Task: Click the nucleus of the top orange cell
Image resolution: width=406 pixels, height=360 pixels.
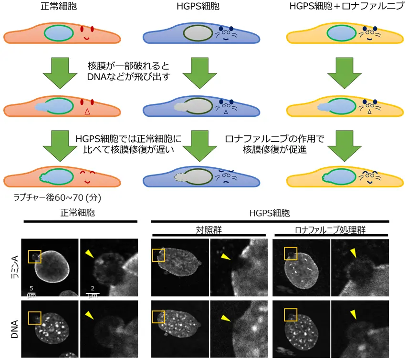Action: click(x=59, y=33)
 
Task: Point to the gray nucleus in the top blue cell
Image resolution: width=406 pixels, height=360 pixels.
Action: click(x=198, y=34)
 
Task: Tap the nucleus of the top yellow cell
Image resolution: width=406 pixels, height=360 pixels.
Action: click(x=340, y=34)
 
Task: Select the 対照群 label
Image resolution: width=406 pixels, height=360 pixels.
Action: click(x=208, y=228)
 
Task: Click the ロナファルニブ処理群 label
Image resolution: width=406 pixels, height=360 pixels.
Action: click(x=331, y=228)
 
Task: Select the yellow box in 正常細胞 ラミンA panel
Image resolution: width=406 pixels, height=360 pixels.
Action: click(x=34, y=257)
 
